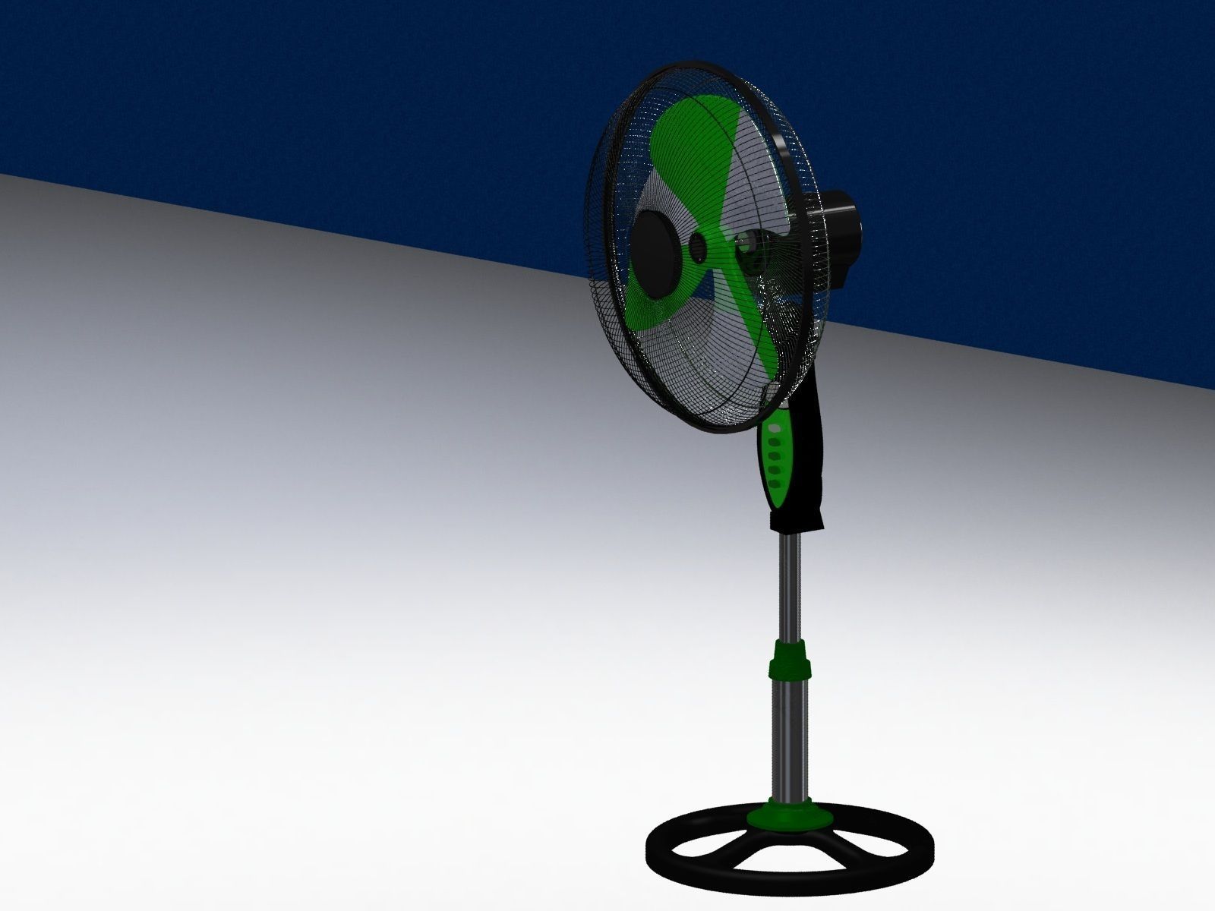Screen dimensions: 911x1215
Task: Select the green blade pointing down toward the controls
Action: coord(752,319)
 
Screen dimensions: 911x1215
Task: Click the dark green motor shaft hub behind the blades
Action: coord(748,251)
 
